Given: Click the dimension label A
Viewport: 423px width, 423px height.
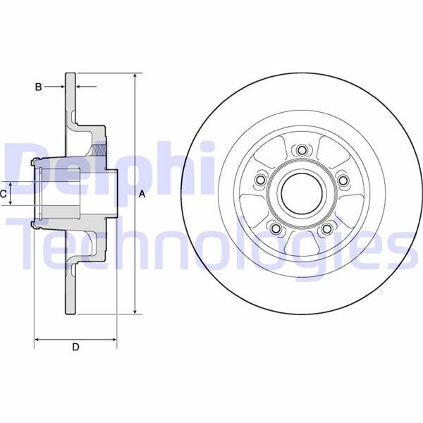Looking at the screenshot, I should coord(142,194).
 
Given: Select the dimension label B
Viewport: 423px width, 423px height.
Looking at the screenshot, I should coord(39,87).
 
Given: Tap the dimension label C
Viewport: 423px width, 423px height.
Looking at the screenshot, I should coord(4,192).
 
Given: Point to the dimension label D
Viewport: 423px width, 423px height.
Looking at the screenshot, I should coord(76,346).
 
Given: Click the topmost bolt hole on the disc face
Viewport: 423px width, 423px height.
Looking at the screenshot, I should coord(302,150).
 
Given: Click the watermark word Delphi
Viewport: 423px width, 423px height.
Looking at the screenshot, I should coord(106,169).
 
